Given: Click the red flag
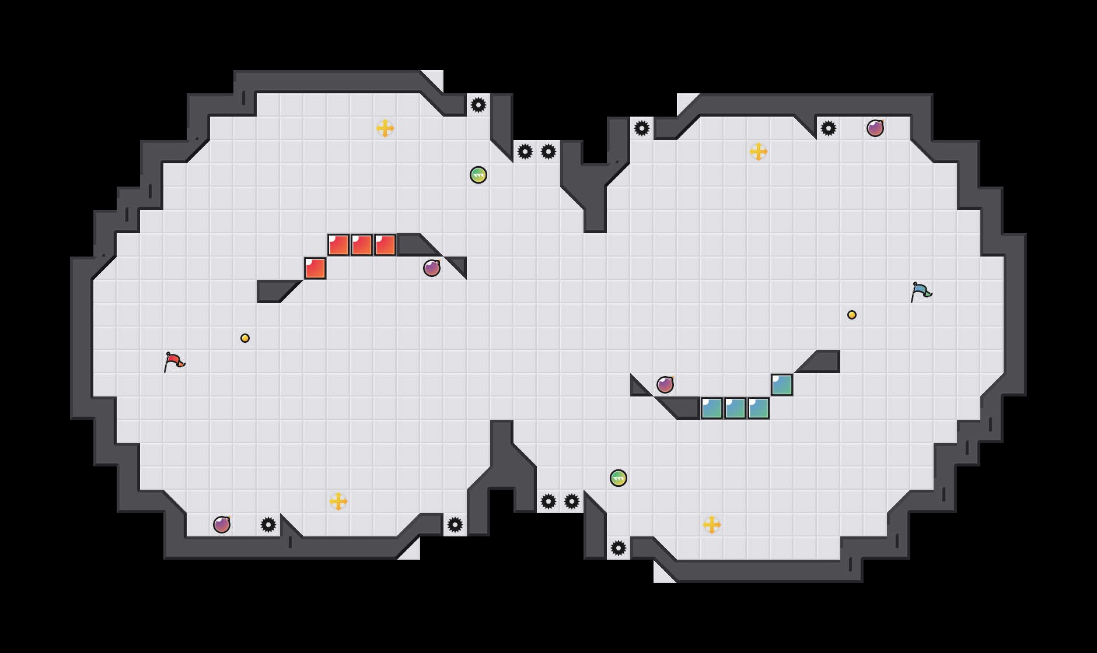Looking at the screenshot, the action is [174, 361].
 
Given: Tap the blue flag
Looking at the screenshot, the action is [921, 292].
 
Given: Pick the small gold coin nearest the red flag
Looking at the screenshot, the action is [245, 338].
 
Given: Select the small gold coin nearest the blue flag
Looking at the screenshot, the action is [852, 315].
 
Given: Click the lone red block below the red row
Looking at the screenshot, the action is [315, 268].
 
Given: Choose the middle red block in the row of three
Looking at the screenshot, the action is [362, 245].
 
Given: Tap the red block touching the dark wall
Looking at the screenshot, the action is [385, 245].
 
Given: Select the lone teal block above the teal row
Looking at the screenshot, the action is [782, 385].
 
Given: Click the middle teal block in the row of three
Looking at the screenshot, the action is [735, 408].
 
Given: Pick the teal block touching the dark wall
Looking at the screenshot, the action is [712, 408].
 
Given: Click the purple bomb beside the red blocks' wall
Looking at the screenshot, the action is [432, 268].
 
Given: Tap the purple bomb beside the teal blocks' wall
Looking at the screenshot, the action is [665, 385].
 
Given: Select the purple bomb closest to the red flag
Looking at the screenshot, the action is [222, 525].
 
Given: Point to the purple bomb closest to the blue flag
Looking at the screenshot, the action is [875, 128].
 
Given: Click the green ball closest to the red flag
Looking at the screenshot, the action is [478, 175].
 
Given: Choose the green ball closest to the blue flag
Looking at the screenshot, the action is [619, 478].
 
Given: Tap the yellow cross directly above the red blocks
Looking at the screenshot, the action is [385, 128].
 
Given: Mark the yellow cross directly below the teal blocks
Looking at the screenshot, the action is [712, 525].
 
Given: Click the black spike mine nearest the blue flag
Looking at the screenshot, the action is [829, 128].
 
